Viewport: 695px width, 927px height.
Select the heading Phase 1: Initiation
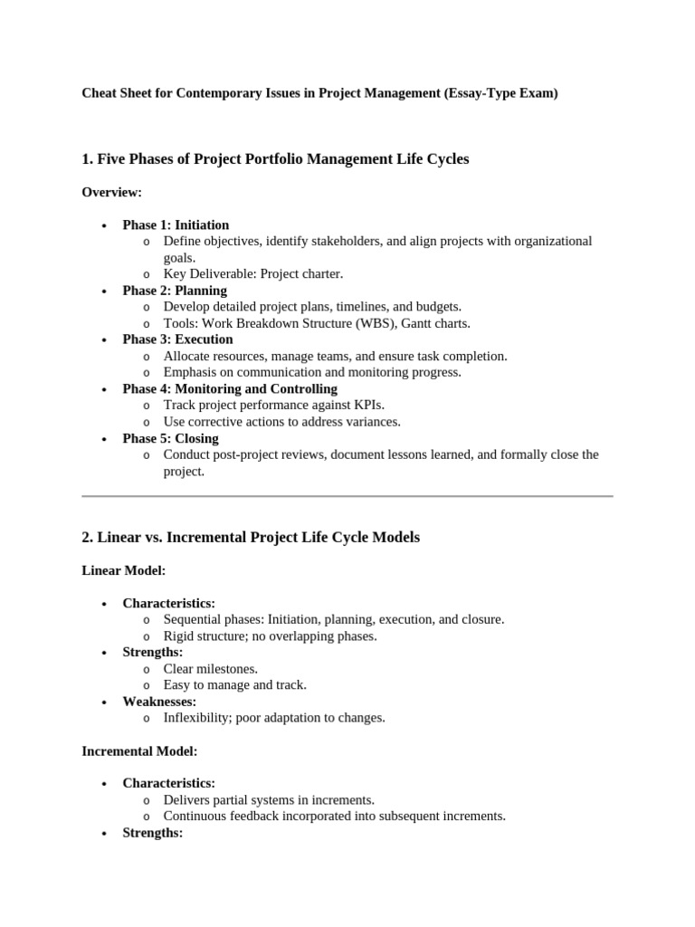[176, 225]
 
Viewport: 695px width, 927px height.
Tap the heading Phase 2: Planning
[175, 291]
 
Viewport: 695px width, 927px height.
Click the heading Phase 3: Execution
[177, 339]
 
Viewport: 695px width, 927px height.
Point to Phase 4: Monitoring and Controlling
[230, 389]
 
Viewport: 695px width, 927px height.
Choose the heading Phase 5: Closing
[170, 438]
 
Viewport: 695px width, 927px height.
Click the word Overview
[111, 192]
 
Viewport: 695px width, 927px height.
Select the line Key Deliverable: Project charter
[253, 274]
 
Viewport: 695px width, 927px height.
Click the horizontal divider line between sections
[347, 496]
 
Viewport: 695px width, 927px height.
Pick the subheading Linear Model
[123, 570]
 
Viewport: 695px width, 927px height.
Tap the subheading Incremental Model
[139, 751]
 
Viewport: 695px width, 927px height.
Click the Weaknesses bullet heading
[159, 702]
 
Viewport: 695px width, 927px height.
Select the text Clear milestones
[210, 669]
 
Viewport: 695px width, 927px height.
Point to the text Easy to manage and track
[234, 685]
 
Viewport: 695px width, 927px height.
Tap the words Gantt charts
[435, 323]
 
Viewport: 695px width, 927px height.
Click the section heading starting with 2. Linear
[251, 538]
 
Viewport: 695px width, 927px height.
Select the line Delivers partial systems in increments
[269, 800]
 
